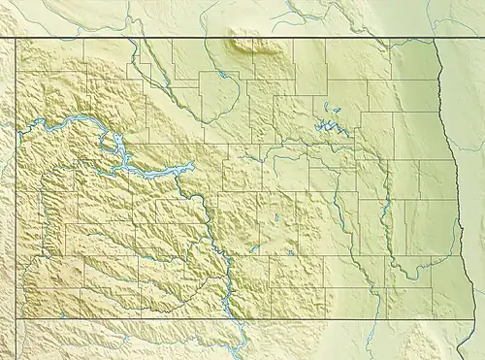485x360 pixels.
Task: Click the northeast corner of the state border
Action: point(436,38)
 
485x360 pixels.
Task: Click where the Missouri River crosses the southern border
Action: point(234,317)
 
